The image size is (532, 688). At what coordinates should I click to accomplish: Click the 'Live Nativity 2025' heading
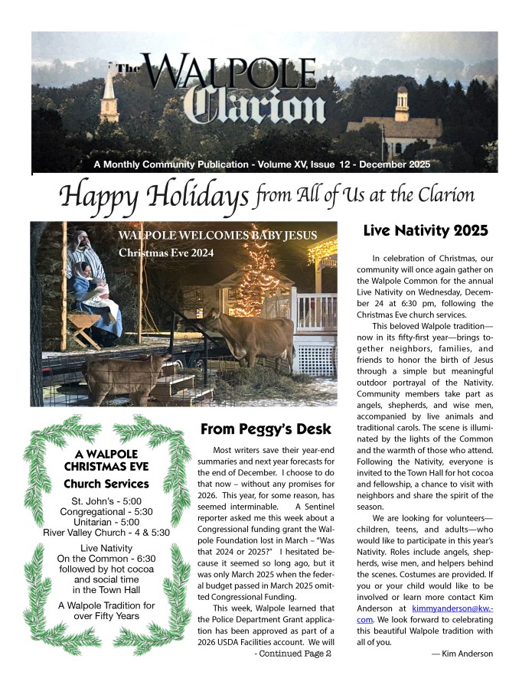coord(426,230)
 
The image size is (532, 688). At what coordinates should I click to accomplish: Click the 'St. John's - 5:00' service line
coord(106,501)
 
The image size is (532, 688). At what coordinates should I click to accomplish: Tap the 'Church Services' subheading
coord(106,484)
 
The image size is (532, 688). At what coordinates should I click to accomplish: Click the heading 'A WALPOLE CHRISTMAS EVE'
coord(106,458)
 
